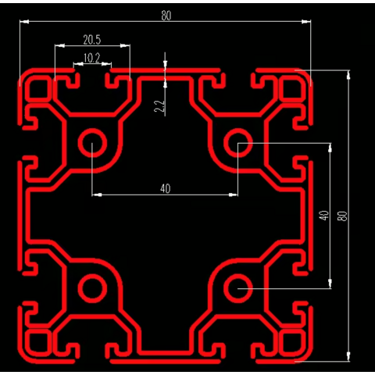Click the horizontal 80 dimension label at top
pyautogui.click(x=166, y=16)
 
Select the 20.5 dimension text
pyautogui.click(x=92, y=40)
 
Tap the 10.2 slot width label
pyautogui.click(x=91, y=58)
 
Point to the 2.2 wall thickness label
pyautogui.click(x=159, y=106)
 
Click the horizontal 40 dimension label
pyautogui.click(x=166, y=188)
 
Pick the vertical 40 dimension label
pyautogui.click(x=323, y=216)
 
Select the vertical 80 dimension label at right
pyautogui.click(x=342, y=216)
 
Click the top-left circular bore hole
pyautogui.click(x=92, y=143)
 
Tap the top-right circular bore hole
pyautogui.click(x=238, y=143)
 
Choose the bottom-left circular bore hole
pyautogui.click(x=92, y=288)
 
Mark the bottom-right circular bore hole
pyautogui.click(x=238, y=288)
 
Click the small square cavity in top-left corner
pyautogui.click(x=38, y=88)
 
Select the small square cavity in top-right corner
pyautogui.click(x=292, y=88)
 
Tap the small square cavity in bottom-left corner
pyautogui.click(x=38, y=342)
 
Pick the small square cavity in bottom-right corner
pyautogui.click(x=292, y=342)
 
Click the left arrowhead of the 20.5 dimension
pyautogui.click(x=59, y=45)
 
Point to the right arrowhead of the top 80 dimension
pyautogui.click(x=306, y=22)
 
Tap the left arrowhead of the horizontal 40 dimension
pyautogui.click(x=97, y=195)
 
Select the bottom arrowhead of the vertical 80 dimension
pyautogui.click(x=348, y=356)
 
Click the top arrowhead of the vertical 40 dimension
pyautogui.click(x=330, y=148)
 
